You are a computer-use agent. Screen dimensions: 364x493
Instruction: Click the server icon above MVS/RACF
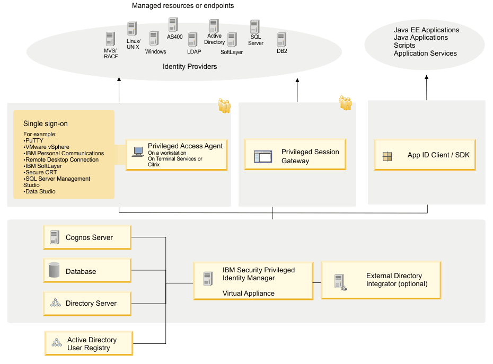(110, 39)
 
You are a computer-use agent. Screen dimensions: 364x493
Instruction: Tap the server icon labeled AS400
(173, 25)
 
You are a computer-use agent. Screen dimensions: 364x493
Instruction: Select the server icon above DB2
(281, 40)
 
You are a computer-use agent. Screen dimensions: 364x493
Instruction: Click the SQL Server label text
(256, 40)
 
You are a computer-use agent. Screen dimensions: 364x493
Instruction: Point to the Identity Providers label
(190, 67)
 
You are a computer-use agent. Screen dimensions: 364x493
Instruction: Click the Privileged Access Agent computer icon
(138, 152)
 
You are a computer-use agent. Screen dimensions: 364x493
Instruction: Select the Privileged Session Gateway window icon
(263, 156)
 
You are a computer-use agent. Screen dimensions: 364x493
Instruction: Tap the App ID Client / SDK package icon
(388, 156)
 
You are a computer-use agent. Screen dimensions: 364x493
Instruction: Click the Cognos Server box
(87, 237)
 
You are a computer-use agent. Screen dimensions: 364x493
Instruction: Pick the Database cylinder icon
(54, 271)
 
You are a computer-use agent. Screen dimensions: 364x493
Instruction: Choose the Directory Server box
(87, 303)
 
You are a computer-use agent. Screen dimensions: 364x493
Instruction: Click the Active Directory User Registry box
(89, 343)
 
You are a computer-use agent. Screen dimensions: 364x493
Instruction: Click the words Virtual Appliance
(248, 293)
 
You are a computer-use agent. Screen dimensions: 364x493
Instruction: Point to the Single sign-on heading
(46, 123)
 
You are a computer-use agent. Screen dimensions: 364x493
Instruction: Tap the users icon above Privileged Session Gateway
(346, 103)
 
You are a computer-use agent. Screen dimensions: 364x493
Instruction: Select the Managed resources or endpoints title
(183, 6)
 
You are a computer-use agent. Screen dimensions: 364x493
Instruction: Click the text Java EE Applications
(426, 30)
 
